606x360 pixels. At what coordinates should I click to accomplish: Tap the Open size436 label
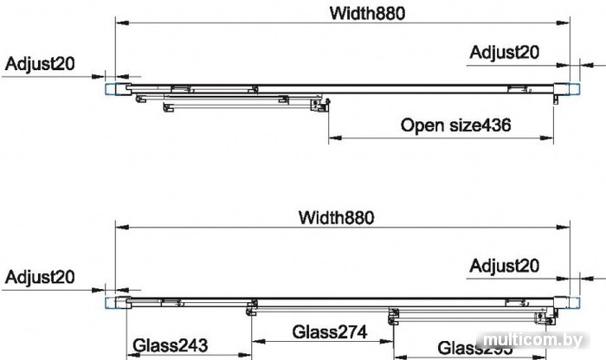[455, 125]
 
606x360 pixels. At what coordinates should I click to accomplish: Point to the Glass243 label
[171, 346]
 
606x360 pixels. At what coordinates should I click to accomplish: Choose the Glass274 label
[330, 331]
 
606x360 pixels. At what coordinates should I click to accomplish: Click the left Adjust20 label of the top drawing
[40, 64]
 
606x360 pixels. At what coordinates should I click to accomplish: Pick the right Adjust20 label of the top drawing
[504, 52]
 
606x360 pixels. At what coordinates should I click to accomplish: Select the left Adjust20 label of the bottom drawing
[40, 277]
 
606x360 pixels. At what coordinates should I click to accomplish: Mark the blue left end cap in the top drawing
[112, 88]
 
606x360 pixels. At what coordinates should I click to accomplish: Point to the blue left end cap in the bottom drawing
[112, 302]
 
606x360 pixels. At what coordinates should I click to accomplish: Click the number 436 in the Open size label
[496, 125]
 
